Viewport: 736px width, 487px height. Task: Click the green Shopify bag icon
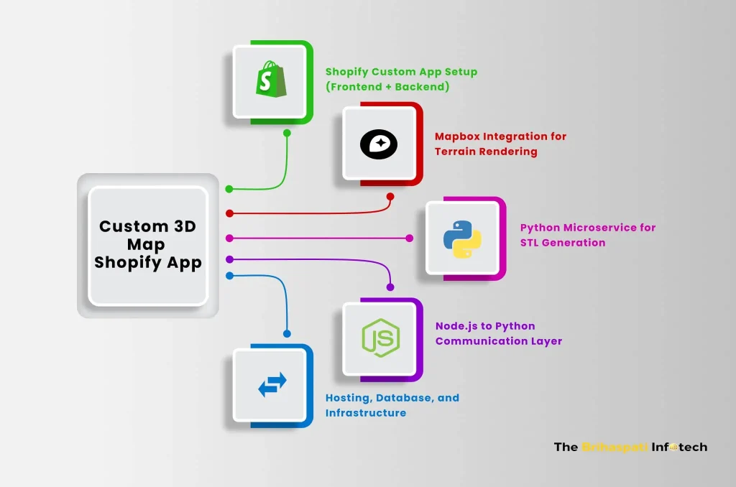point(272,80)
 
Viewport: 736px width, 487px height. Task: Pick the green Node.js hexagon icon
point(380,336)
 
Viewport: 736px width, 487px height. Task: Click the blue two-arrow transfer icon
point(272,385)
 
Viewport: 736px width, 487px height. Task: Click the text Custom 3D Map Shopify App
point(148,245)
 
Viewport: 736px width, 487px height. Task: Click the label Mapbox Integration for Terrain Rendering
point(500,144)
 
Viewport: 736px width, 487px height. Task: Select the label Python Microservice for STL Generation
point(587,235)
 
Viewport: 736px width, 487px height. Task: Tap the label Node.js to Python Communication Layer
point(498,333)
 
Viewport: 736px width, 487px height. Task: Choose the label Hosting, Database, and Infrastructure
point(392,405)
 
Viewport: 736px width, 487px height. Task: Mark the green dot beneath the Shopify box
point(287,133)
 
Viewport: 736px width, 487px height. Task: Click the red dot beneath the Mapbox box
point(390,196)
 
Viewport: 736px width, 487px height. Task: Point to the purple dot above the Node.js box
point(390,287)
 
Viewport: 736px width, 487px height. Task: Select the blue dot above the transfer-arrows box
point(287,333)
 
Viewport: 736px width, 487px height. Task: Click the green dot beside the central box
point(229,189)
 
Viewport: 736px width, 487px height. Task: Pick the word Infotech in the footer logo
point(680,447)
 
